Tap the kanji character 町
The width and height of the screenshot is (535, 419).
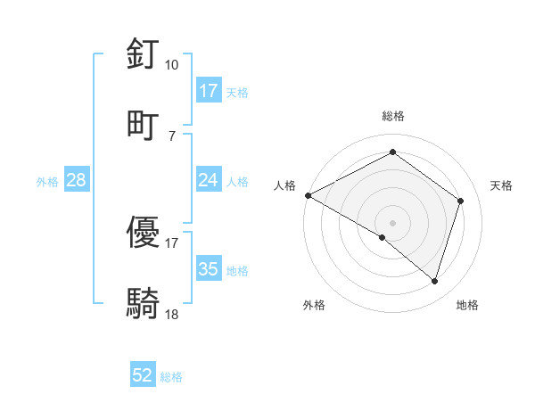click(x=144, y=124)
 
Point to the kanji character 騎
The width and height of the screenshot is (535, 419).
click(x=144, y=303)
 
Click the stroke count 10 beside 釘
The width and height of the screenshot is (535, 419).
click(x=172, y=65)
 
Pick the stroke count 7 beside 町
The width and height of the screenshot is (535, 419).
click(x=172, y=135)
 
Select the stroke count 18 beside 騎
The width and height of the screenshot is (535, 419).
click(x=172, y=314)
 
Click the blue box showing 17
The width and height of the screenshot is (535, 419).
click(x=209, y=91)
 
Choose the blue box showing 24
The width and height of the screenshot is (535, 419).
click(x=209, y=180)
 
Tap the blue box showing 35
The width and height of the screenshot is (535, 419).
click(x=209, y=269)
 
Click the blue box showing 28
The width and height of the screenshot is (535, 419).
click(x=77, y=180)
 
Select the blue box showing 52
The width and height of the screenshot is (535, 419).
click(x=143, y=375)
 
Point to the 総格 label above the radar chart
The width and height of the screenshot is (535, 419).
click(x=393, y=116)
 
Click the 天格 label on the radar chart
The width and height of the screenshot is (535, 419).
click(x=502, y=185)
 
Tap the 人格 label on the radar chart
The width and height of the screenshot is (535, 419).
click(x=284, y=185)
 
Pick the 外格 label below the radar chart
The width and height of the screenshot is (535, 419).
click(x=314, y=305)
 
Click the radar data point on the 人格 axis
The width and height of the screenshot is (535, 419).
click(x=308, y=195)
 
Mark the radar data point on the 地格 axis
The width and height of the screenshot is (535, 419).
click(x=435, y=281)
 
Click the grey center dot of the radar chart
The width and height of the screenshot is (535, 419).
click(x=393, y=222)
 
